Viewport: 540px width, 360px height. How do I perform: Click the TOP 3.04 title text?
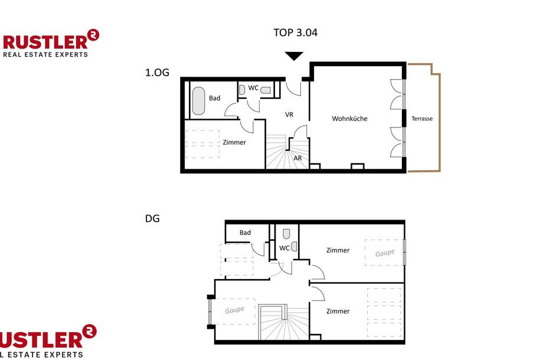pos(295,32)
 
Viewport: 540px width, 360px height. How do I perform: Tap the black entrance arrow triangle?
pos(293,56)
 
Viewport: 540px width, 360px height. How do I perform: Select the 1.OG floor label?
pos(157,73)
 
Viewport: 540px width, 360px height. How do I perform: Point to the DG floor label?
pos(152,218)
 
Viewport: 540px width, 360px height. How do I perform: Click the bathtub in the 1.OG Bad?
pos(198,101)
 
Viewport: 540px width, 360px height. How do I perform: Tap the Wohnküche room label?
pos(349,119)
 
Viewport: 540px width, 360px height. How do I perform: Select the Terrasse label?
pos(422,119)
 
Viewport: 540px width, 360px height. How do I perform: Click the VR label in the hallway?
pos(289,114)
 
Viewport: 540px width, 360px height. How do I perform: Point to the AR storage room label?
pos(297,158)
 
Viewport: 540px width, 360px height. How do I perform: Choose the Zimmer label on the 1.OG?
pos(234,142)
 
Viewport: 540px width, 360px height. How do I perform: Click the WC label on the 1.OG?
pos(253,88)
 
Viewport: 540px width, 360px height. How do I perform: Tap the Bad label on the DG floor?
pos(245,233)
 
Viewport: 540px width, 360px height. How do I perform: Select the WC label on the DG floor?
pos(284,248)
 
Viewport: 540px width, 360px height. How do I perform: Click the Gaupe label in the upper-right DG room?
pos(384,253)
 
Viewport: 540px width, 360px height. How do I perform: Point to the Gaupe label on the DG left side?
pos(234,310)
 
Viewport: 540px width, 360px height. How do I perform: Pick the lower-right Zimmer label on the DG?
pos(338,311)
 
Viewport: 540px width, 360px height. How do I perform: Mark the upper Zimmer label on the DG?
pos(338,250)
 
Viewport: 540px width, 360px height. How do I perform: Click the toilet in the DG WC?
pos(286,234)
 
